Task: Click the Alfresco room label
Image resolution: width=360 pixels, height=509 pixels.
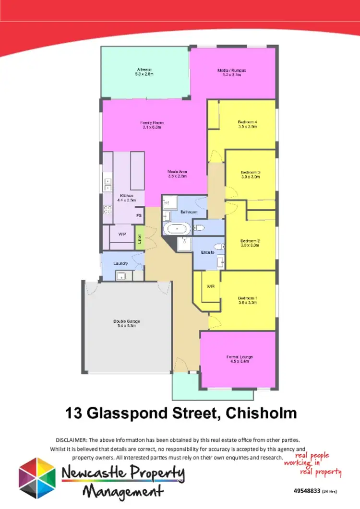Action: [x=144, y=72]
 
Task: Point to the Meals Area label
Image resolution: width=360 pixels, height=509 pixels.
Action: [x=177, y=174]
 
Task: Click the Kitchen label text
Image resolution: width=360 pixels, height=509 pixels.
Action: [x=126, y=198]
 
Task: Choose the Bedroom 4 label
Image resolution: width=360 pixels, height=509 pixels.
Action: [x=248, y=124]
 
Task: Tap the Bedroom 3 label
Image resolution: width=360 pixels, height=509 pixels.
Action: [x=251, y=174]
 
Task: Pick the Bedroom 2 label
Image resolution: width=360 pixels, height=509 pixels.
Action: [x=250, y=243]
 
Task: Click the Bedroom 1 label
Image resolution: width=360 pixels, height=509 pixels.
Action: [x=248, y=300]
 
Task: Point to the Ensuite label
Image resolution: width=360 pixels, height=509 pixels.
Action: [x=207, y=252]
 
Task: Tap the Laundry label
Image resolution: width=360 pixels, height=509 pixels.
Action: [x=120, y=263]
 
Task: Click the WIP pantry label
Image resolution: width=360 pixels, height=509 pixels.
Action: [x=122, y=234]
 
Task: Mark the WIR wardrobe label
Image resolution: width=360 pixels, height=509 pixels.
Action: [x=210, y=286]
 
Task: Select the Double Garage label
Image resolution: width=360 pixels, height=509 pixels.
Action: [x=126, y=323]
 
